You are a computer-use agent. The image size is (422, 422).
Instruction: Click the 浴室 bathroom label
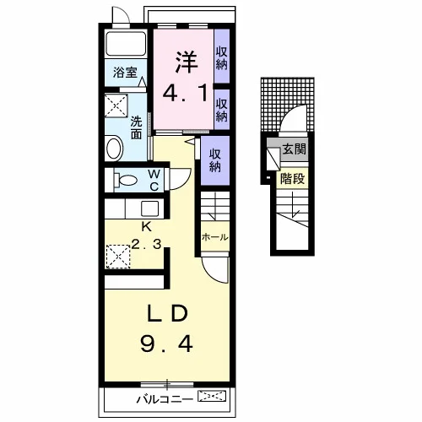coord(125,73)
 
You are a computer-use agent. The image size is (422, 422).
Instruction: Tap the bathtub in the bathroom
coord(126,44)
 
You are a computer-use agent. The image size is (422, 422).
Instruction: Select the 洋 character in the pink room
coord(187,62)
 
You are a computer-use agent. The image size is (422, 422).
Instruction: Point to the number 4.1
coord(186,94)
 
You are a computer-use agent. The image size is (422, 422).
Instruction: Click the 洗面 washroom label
coord(136,128)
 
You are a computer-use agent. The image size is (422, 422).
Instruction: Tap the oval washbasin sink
coord(114,148)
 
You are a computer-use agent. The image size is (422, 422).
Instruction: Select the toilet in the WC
coord(125,180)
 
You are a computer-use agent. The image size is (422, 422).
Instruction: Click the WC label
coord(154,181)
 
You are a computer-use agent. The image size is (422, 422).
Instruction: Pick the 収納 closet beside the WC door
coord(215,160)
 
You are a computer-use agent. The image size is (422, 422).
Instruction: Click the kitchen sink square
coord(149,208)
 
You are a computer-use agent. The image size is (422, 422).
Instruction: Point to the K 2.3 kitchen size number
coord(147,244)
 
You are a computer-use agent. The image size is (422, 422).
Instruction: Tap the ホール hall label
coord(214,237)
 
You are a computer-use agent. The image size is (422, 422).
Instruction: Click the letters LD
coord(167,313)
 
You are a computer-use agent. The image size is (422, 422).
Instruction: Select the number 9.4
coord(166,344)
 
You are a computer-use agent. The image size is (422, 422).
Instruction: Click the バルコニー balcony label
coord(165,399)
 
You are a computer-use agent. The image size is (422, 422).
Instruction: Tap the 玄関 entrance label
coord(294,149)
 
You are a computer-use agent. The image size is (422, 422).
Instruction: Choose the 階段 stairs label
coord(293,178)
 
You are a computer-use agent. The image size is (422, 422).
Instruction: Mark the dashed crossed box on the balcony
coord(212,396)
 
